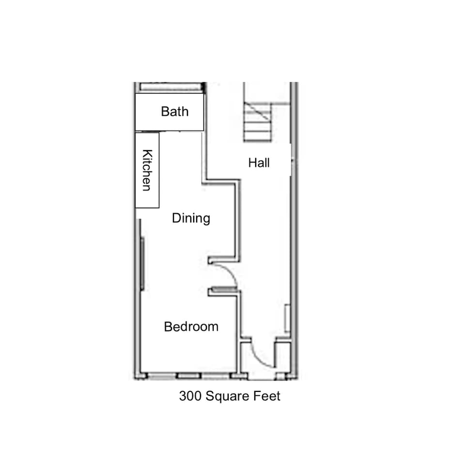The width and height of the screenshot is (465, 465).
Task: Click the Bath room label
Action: tap(175, 111)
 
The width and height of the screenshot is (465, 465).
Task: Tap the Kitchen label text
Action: tap(147, 170)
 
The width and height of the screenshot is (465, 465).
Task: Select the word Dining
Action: tap(191, 218)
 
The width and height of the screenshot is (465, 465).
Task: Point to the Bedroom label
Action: tap(191, 326)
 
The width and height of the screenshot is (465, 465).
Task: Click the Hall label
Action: tap(259, 163)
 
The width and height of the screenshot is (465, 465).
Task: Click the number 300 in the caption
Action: tap(190, 396)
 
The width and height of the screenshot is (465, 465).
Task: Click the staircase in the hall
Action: tap(257, 122)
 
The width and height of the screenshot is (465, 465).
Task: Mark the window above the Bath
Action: tap(170, 87)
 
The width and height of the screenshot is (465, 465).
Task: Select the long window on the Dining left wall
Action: tap(142, 263)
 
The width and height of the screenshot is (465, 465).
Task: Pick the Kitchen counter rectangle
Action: tap(147, 170)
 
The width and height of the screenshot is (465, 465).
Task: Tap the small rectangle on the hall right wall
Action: tap(287, 318)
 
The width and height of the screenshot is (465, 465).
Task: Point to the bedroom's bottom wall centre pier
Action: tap(189, 376)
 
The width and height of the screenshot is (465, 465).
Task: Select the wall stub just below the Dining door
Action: tap(223, 292)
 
